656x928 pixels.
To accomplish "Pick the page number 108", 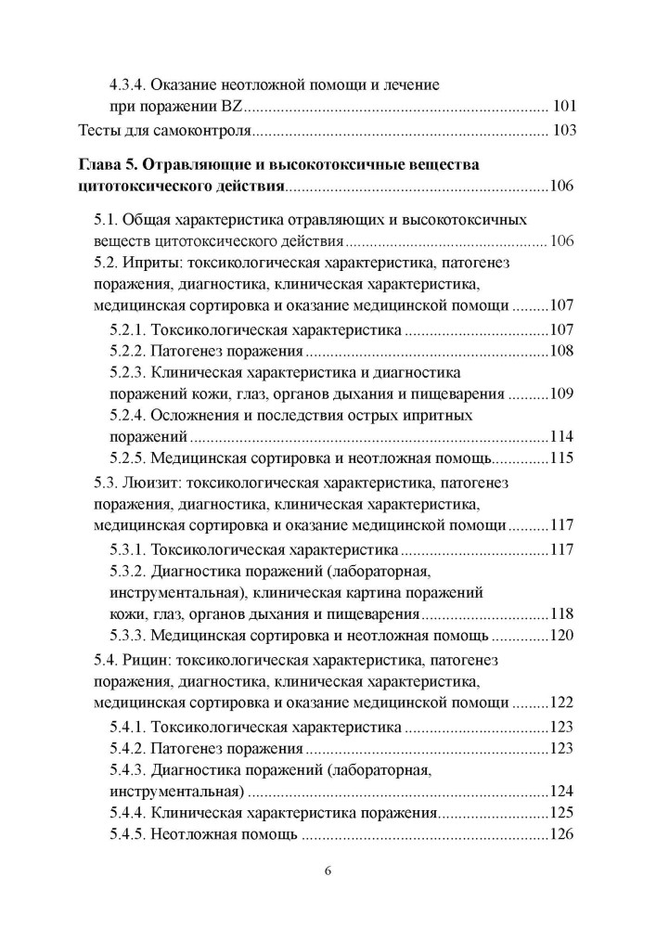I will click(x=562, y=352).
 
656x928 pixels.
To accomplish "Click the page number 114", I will click(x=562, y=436).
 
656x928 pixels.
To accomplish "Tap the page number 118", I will click(x=562, y=613).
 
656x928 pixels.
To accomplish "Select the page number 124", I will click(x=562, y=792).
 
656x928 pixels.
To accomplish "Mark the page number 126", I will click(x=562, y=834).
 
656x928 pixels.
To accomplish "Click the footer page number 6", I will click(x=328, y=871).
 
